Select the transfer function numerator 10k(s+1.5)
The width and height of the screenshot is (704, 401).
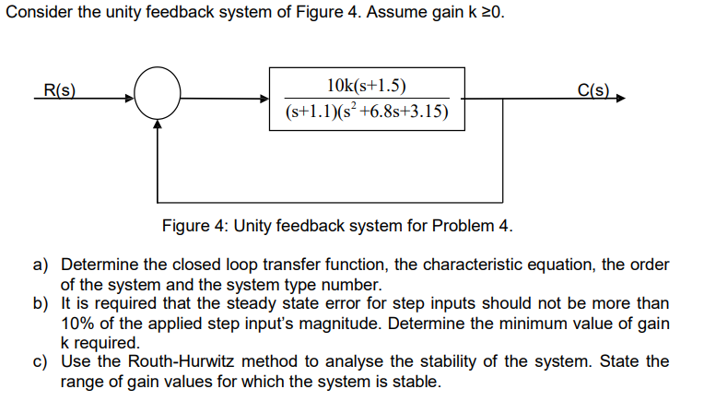click(366, 87)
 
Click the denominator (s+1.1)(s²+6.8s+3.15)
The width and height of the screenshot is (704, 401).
click(367, 112)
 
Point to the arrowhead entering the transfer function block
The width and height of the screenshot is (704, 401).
click(264, 97)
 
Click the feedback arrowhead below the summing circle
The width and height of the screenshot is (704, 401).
click(158, 126)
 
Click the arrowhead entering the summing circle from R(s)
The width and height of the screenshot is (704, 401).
click(130, 97)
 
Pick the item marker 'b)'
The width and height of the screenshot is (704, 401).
click(41, 304)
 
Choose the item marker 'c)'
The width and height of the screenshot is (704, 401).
click(41, 361)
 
